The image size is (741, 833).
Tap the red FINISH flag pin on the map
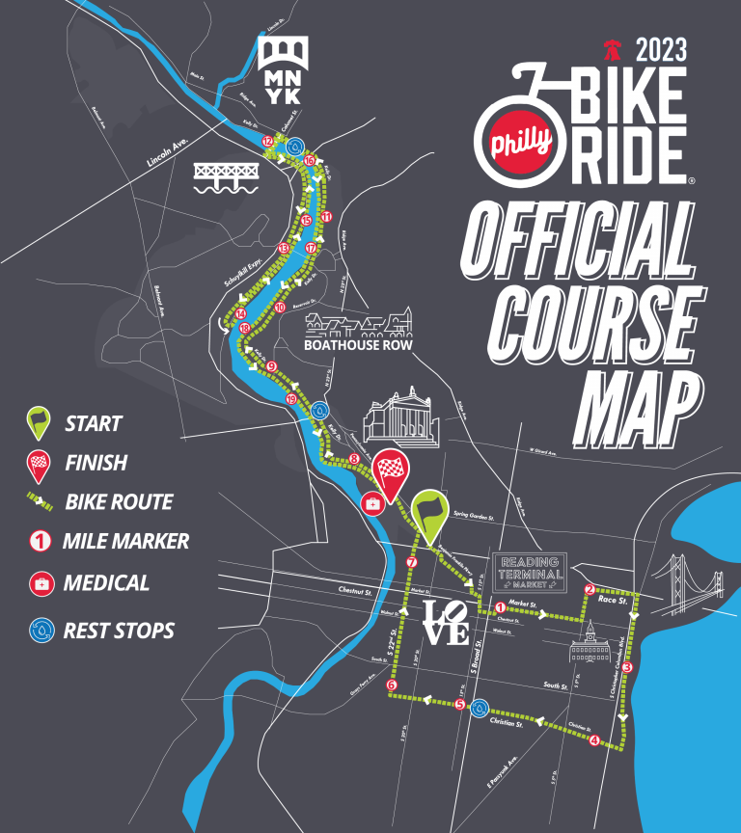point(391,473)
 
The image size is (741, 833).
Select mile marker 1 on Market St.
point(501,607)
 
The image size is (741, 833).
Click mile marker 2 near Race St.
point(590,590)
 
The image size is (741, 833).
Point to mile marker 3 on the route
point(626,666)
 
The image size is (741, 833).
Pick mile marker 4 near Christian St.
point(594,740)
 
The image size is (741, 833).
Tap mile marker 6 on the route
point(391,685)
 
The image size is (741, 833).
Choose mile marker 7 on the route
point(412,562)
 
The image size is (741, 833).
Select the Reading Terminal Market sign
point(529,571)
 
